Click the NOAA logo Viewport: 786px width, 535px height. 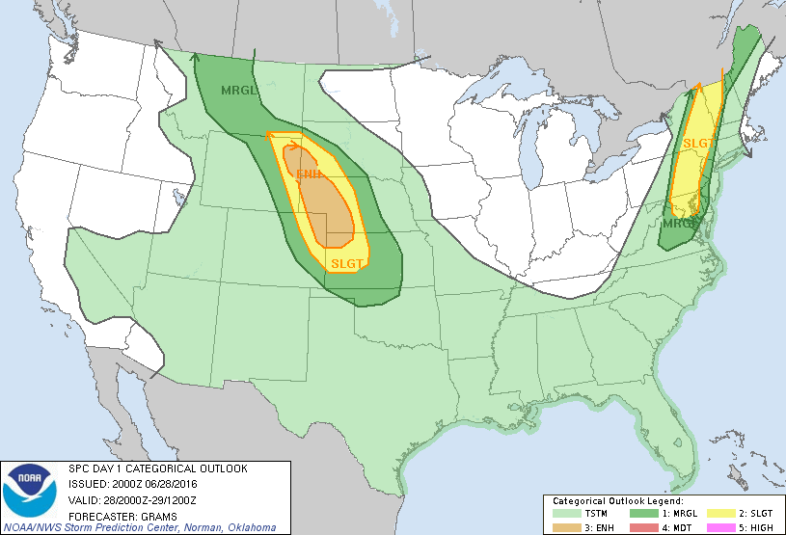[x=30, y=489]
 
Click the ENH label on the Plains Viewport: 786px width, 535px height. [x=309, y=174]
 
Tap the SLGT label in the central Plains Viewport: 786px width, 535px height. [x=346, y=263]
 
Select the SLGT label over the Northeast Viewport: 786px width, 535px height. [x=698, y=144]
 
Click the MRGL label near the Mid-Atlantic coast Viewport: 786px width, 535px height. [x=679, y=224]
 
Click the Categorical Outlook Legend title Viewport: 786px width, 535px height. [x=617, y=501]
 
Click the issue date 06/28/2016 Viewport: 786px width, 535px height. [x=165, y=484]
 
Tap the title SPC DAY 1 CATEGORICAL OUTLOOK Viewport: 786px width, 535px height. [x=158, y=468]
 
